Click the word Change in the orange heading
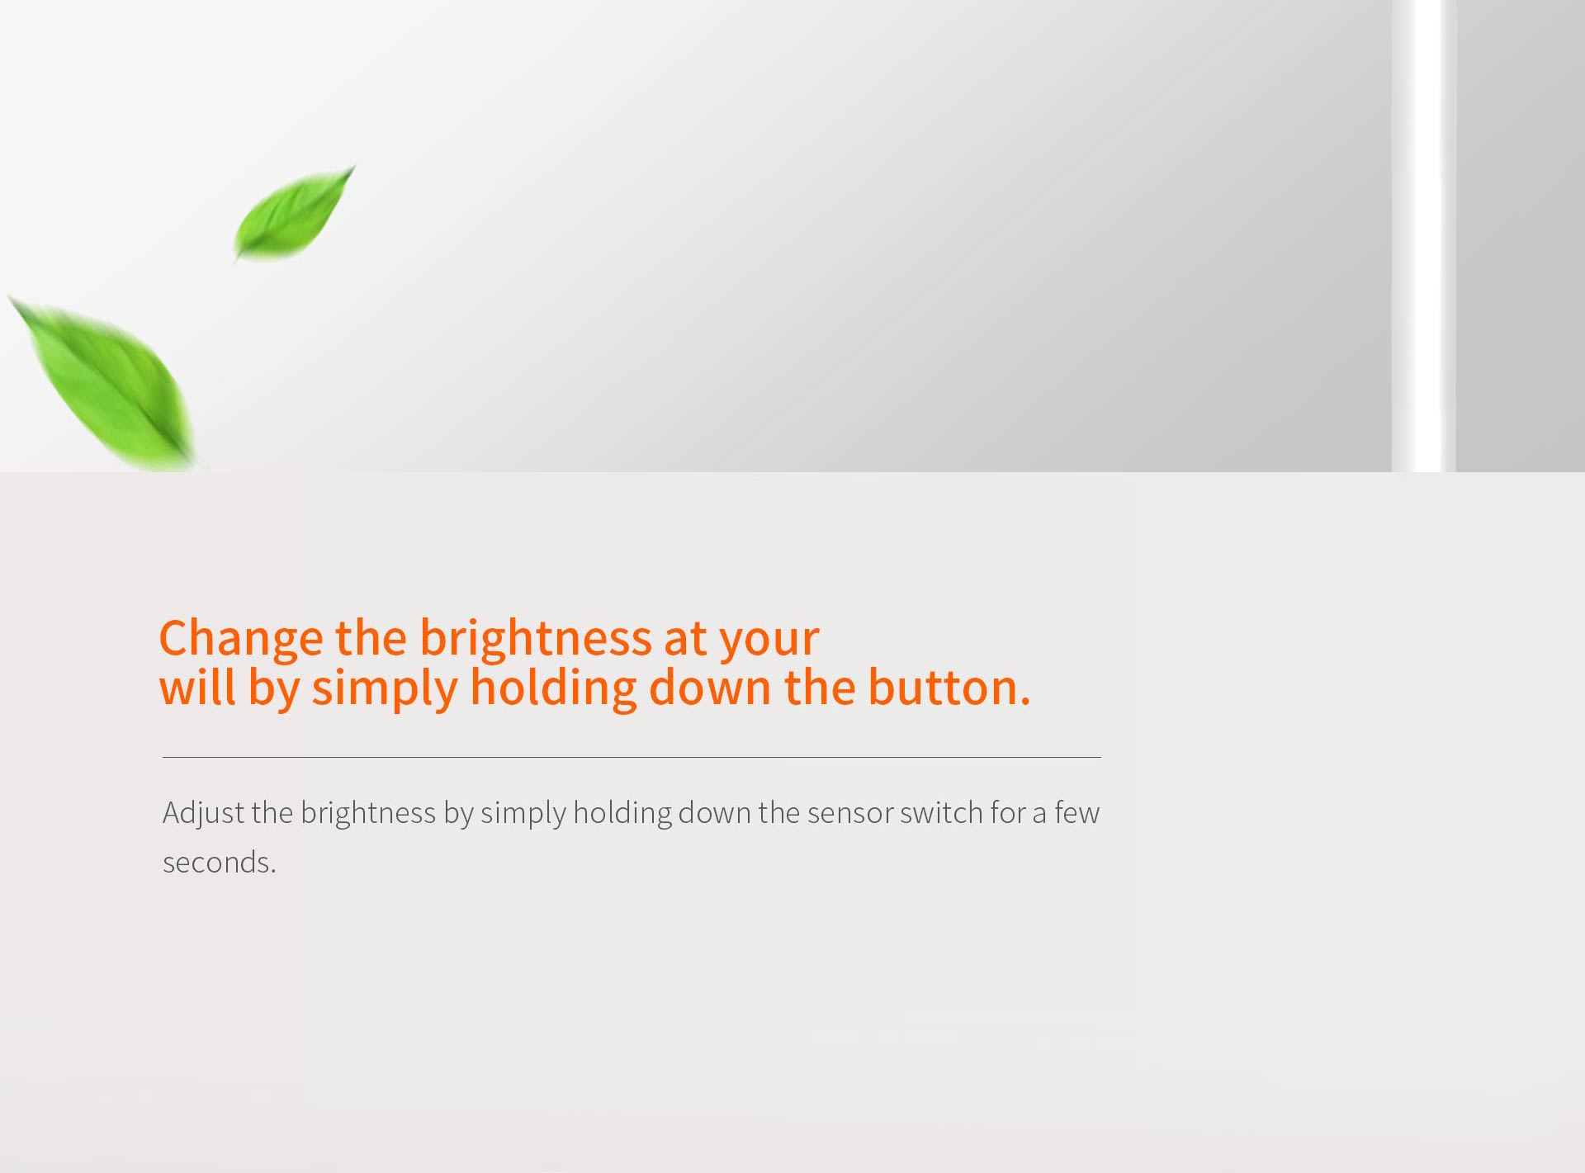click(241, 638)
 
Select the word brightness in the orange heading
click(536, 637)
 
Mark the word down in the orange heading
click(710, 687)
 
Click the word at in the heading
click(685, 639)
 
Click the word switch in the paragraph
click(941, 812)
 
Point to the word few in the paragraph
click(1076, 812)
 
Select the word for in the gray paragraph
click(1008, 812)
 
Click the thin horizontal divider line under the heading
click(632, 757)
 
